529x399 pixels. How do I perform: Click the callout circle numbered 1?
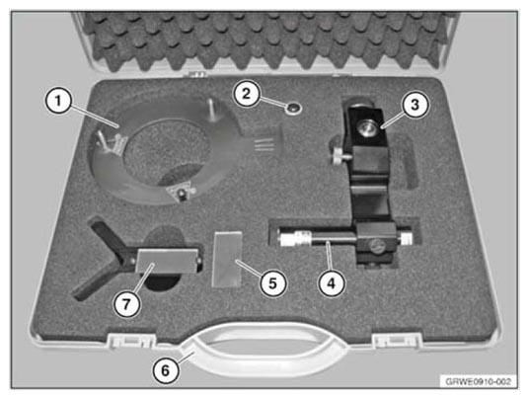[x=58, y=101]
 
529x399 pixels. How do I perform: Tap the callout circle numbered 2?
[x=247, y=94]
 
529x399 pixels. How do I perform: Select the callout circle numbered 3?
[x=415, y=105]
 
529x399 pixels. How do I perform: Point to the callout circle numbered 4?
[x=332, y=283]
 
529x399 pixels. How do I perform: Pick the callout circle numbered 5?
[x=272, y=282]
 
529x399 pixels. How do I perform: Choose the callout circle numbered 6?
[x=166, y=370]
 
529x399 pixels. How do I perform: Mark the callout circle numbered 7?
[x=126, y=304]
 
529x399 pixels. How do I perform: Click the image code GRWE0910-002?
[x=478, y=382]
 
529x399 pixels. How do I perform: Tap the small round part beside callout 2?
[x=293, y=109]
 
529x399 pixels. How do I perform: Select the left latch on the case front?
[x=131, y=341]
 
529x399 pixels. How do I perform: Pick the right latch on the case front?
[x=397, y=341]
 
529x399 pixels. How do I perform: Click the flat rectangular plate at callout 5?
[x=227, y=259]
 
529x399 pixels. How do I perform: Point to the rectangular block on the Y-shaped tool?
[x=166, y=261]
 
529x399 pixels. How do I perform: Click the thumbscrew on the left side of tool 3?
[x=340, y=156]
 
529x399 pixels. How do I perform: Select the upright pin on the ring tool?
[x=211, y=110]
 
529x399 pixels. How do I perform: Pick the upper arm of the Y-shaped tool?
[x=110, y=237]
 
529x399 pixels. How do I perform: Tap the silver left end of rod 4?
[x=287, y=237]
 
